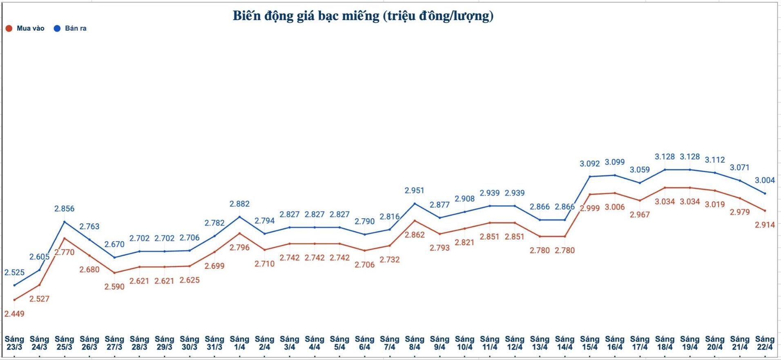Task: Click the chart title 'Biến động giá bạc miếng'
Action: (x=363, y=16)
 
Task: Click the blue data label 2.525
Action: (x=14, y=273)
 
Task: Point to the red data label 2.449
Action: (x=14, y=314)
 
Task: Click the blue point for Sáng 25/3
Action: (x=65, y=222)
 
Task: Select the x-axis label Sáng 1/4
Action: (x=239, y=343)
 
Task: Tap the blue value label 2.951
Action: (x=414, y=190)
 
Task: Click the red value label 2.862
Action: (x=414, y=235)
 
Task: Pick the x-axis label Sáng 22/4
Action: (x=764, y=343)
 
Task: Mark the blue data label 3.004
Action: (x=764, y=180)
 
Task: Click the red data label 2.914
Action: (x=764, y=225)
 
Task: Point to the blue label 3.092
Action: (x=589, y=164)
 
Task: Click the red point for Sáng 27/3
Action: (x=114, y=273)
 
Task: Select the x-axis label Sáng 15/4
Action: (x=589, y=343)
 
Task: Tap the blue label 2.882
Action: (x=239, y=204)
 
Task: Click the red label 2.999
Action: (x=589, y=208)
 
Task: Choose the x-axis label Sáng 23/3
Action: (x=14, y=343)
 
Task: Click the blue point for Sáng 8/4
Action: (x=415, y=203)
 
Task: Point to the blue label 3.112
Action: (x=714, y=160)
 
